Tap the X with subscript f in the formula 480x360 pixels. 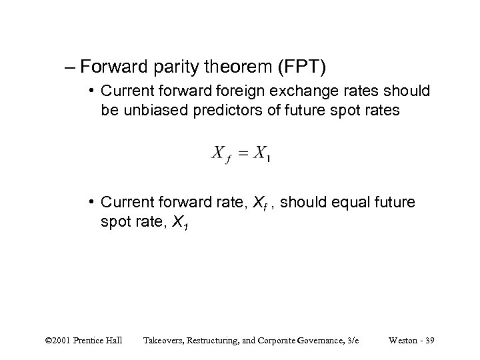pyautogui.click(x=221, y=154)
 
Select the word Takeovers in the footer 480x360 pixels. pyautogui.click(x=164, y=341)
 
